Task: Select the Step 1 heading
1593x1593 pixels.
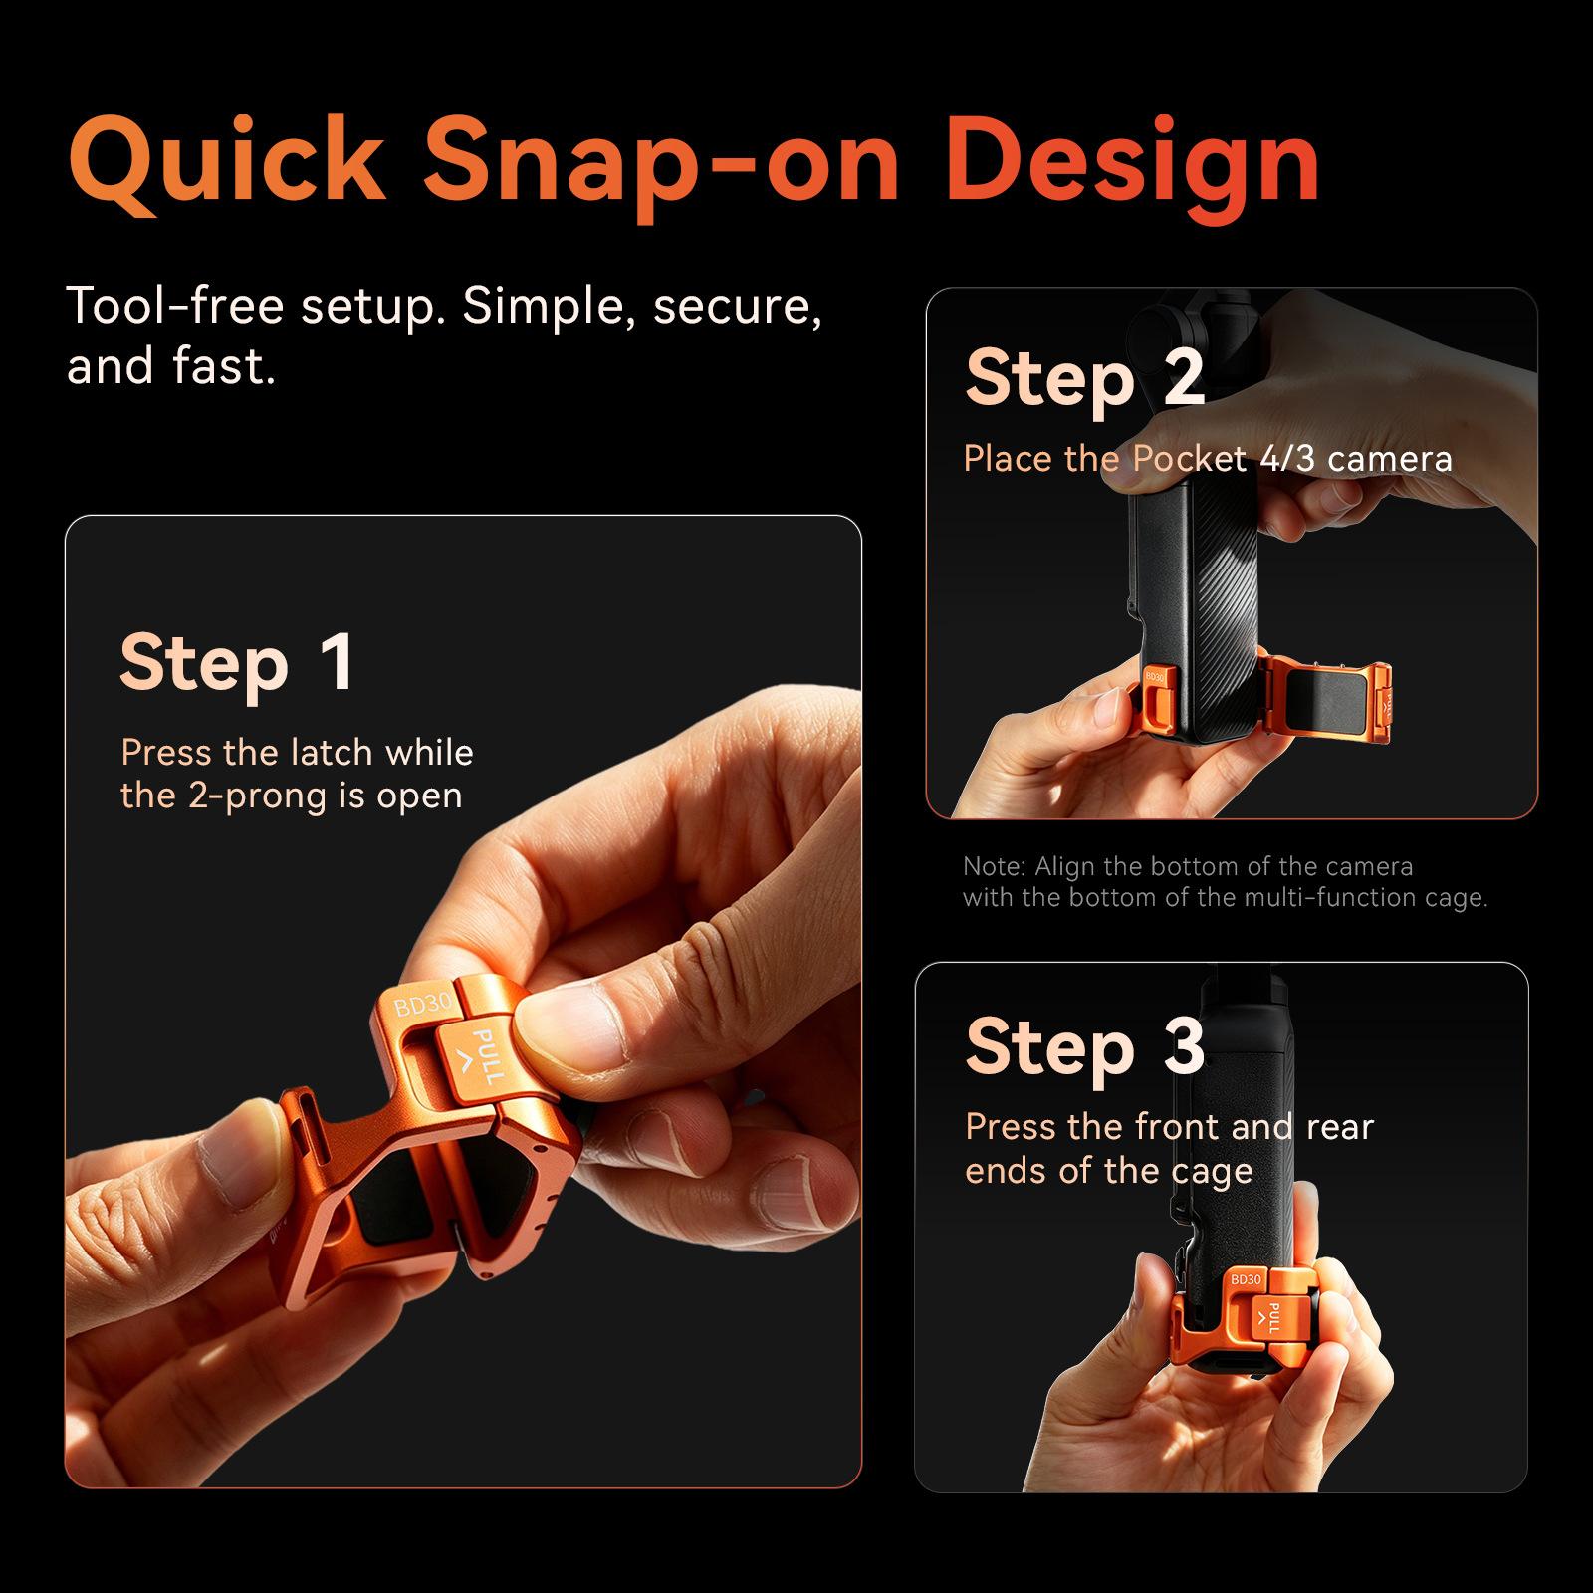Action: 236,662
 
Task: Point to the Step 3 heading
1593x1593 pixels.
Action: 1084,1046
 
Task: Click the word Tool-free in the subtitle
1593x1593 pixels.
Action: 175,306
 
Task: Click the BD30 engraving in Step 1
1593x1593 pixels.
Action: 424,1005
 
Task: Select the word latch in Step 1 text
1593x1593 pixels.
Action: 316,753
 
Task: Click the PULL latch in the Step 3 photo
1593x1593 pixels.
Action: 1269,1316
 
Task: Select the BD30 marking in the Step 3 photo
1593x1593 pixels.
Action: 1246,1279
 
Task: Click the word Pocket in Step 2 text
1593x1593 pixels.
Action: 1189,459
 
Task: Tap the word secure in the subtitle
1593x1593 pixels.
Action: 738,306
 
